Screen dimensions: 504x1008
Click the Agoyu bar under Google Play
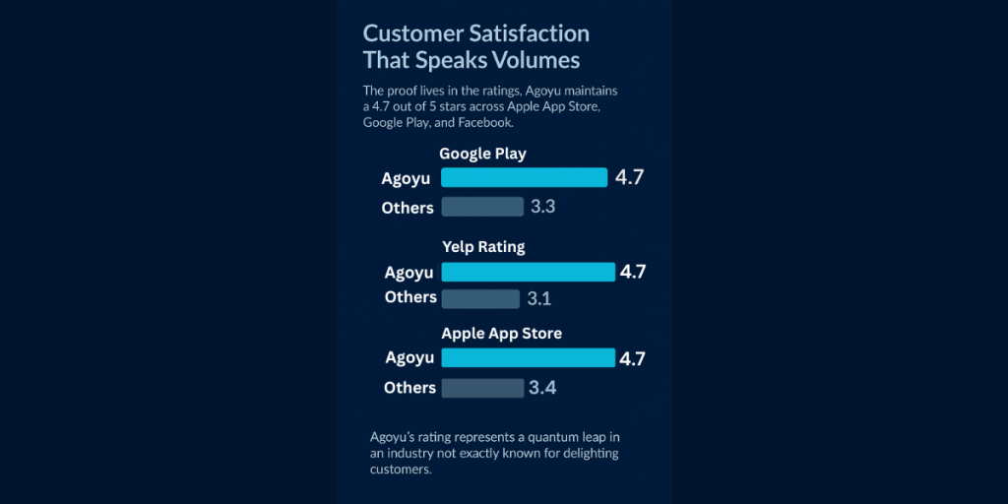click(x=524, y=177)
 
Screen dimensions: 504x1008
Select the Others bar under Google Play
click(x=482, y=207)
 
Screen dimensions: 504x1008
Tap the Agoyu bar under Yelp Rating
click(x=528, y=272)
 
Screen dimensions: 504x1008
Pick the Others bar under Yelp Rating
click(x=480, y=298)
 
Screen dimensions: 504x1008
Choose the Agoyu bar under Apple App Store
click(x=528, y=357)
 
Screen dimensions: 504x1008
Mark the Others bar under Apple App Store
click(x=482, y=388)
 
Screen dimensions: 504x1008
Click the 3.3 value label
click(x=543, y=207)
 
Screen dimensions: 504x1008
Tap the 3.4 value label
click(x=542, y=388)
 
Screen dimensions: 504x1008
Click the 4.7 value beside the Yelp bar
click(x=632, y=272)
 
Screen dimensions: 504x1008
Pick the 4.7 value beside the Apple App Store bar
click(x=632, y=357)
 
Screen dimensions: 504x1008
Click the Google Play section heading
click(x=482, y=154)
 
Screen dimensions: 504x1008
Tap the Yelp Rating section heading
click(x=483, y=247)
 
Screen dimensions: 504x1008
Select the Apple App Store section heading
click(x=501, y=334)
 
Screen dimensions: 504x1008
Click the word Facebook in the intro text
click(x=485, y=122)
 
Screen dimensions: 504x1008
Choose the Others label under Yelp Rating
click(x=410, y=297)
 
